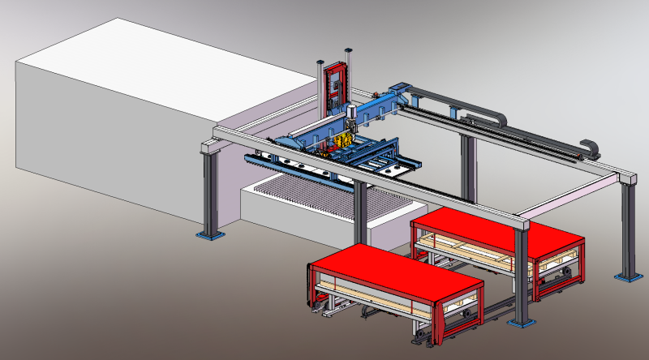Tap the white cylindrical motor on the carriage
coord(351,114)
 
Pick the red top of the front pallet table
coord(396,271)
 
